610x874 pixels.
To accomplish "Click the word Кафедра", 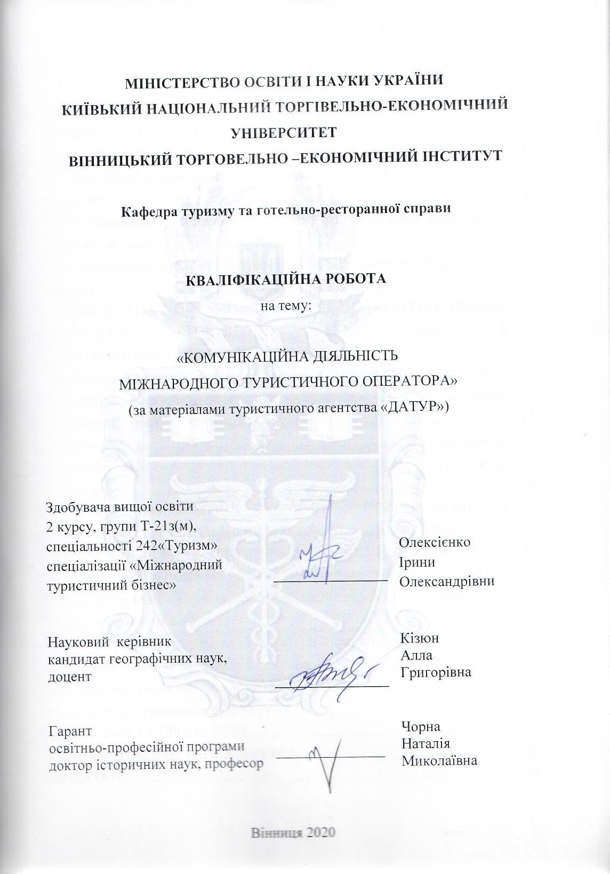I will (x=146, y=209).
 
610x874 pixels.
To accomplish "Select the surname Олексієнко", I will (x=435, y=543).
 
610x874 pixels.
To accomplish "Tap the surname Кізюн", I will (x=419, y=638).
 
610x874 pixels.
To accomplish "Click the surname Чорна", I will (x=420, y=726).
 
